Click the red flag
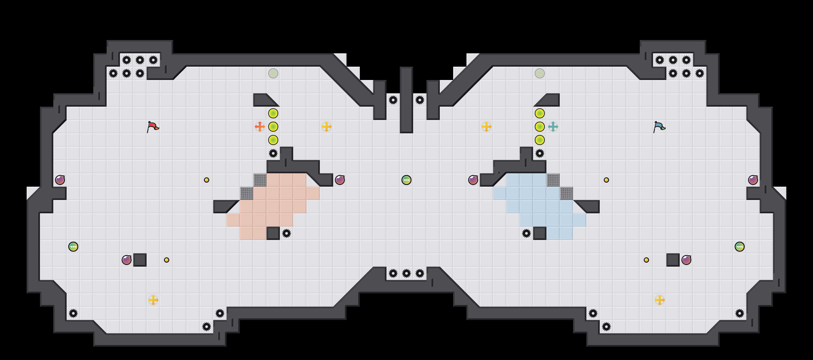[x=153, y=127]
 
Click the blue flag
[x=659, y=127]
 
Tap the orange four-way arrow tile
[x=260, y=127]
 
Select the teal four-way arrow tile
[x=553, y=127]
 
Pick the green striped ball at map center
[x=406, y=180]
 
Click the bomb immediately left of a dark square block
[x=127, y=260]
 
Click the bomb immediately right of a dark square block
[x=686, y=260]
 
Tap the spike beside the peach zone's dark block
[x=287, y=233]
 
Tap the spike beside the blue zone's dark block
[x=526, y=233]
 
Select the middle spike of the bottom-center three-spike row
[x=406, y=273]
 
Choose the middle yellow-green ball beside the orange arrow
[x=273, y=127]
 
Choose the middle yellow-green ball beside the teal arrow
[x=540, y=127]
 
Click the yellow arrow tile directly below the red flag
[x=153, y=300]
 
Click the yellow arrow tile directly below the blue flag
[x=660, y=300]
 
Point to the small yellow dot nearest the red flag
[x=207, y=180]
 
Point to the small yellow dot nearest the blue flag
[x=606, y=180]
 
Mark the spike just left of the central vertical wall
[x=393, y=100]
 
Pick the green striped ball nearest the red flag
[x=73, y=247]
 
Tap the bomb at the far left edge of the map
[x=60, y=180]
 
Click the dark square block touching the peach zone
[x=273, y=233]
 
